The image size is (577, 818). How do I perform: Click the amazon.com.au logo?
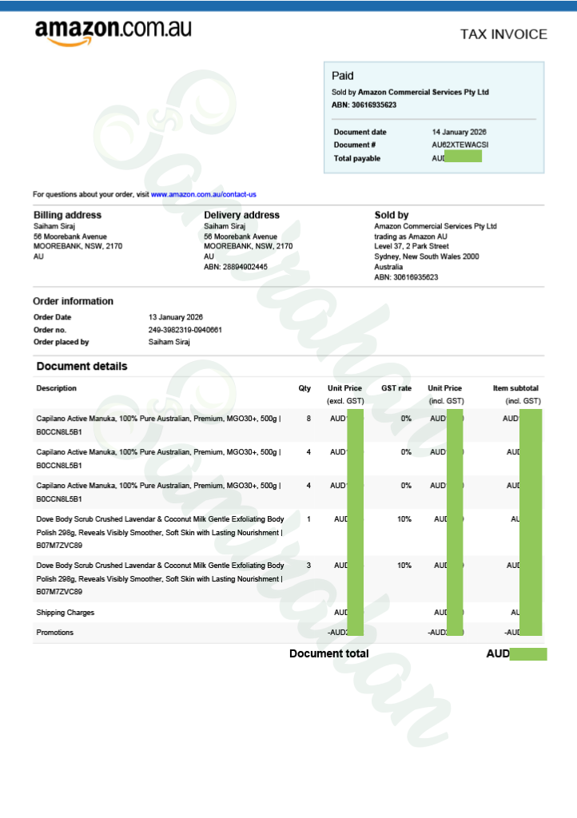[x=113, y=32]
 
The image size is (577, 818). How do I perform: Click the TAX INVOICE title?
[x=503, y=34]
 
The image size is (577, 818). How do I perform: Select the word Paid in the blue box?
[x=343, y=76]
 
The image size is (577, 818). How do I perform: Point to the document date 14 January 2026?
[x=460, y=132]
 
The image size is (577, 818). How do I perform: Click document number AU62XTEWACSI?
[x=460, y=145]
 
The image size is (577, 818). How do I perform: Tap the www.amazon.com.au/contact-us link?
[x=204, y=194]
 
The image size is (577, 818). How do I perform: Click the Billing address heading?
[x=67, y=215]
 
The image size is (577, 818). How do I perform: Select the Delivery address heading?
[x=241, y=215]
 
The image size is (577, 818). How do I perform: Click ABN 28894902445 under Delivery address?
[x=236, y=267]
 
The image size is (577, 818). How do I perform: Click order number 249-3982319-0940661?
[x=185, y=330]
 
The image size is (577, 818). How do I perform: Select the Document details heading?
[x=82, y=367]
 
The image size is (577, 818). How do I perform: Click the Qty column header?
[x=304, y=388]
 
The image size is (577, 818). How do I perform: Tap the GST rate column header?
[x=396, y=388]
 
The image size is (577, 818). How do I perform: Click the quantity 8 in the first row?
[x=308, y=418]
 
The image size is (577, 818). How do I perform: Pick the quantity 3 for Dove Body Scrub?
[x=308, y=566]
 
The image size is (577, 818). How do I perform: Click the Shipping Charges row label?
[x=66, y=613]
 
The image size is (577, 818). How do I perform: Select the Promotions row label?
[x=55, y=633]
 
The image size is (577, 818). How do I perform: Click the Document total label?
[x=328, y=653]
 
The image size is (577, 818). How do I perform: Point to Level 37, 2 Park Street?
[x=412, y=246]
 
